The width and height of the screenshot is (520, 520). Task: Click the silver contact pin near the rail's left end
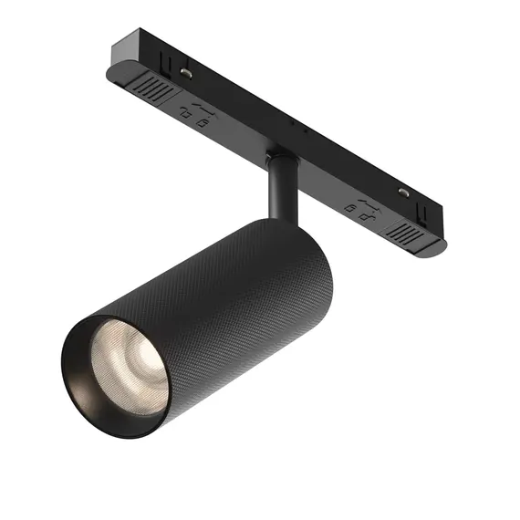tap(185, 71)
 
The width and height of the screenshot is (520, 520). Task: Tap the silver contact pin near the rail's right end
tap(401, 192)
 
